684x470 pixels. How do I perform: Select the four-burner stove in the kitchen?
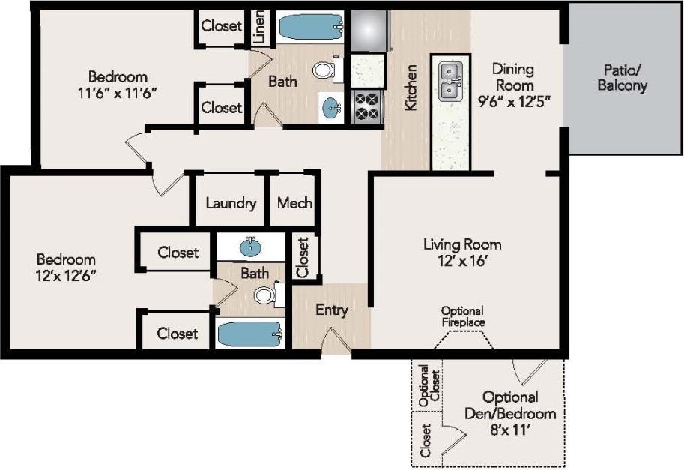(x=366, y=106)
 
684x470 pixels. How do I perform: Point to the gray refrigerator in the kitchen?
(x=367, y=31)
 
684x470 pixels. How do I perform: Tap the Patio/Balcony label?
(x=622, y=78)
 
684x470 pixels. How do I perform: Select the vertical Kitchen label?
(x=411, y=88)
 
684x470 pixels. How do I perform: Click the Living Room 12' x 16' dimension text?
(x=462, y=262)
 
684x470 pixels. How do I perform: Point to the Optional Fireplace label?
(x=462, y=316)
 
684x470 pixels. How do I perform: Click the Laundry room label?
(x=231, y=203)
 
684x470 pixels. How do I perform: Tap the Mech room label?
(x=294, y=203)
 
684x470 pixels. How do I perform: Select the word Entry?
(x=331, y=310)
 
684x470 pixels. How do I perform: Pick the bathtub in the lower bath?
(x=249, y=334)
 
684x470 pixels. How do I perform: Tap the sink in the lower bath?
(x=250, y=247)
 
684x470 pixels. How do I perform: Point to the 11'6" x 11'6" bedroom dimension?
(x=118, y=93)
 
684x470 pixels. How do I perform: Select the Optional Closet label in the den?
(x=426, y=385)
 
